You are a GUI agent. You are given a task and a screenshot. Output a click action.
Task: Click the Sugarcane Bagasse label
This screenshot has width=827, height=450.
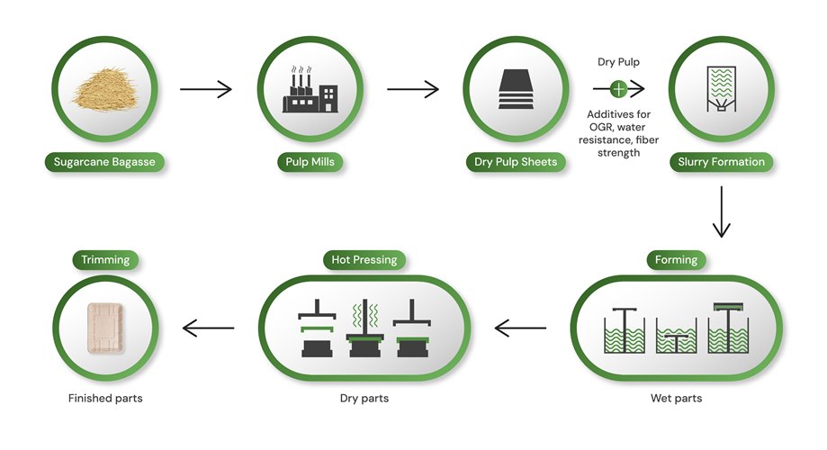coord(105,163)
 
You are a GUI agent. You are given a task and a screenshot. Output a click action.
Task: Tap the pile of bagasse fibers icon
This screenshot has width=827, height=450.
coord(105,87)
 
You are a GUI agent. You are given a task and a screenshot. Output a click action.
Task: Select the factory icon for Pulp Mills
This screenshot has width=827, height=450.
coord(310,90)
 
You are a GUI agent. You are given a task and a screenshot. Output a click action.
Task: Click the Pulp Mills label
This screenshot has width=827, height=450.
coord(310,163)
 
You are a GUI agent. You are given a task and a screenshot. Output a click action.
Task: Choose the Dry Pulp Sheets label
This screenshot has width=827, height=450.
coord(516,163)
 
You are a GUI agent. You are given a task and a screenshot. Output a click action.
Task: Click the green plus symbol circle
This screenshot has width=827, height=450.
coord(618,88)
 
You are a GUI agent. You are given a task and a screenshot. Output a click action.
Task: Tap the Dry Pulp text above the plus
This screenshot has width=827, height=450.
coord(619,62)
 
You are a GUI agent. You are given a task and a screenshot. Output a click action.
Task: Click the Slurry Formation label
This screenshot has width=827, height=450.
coord(721,163)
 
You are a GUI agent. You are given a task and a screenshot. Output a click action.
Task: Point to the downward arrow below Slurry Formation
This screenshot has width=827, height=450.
coord(721,212)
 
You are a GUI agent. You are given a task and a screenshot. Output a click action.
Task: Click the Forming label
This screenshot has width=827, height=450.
coord(676,260)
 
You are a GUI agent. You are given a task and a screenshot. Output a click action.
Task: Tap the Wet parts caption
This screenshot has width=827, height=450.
coord(676,398)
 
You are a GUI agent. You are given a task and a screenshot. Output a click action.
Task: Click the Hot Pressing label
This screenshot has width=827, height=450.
coord(364,260)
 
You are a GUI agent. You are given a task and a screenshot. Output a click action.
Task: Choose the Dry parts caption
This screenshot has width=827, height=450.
coord(364,398)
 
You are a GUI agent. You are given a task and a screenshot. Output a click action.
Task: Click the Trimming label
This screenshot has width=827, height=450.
coord(105,260)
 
